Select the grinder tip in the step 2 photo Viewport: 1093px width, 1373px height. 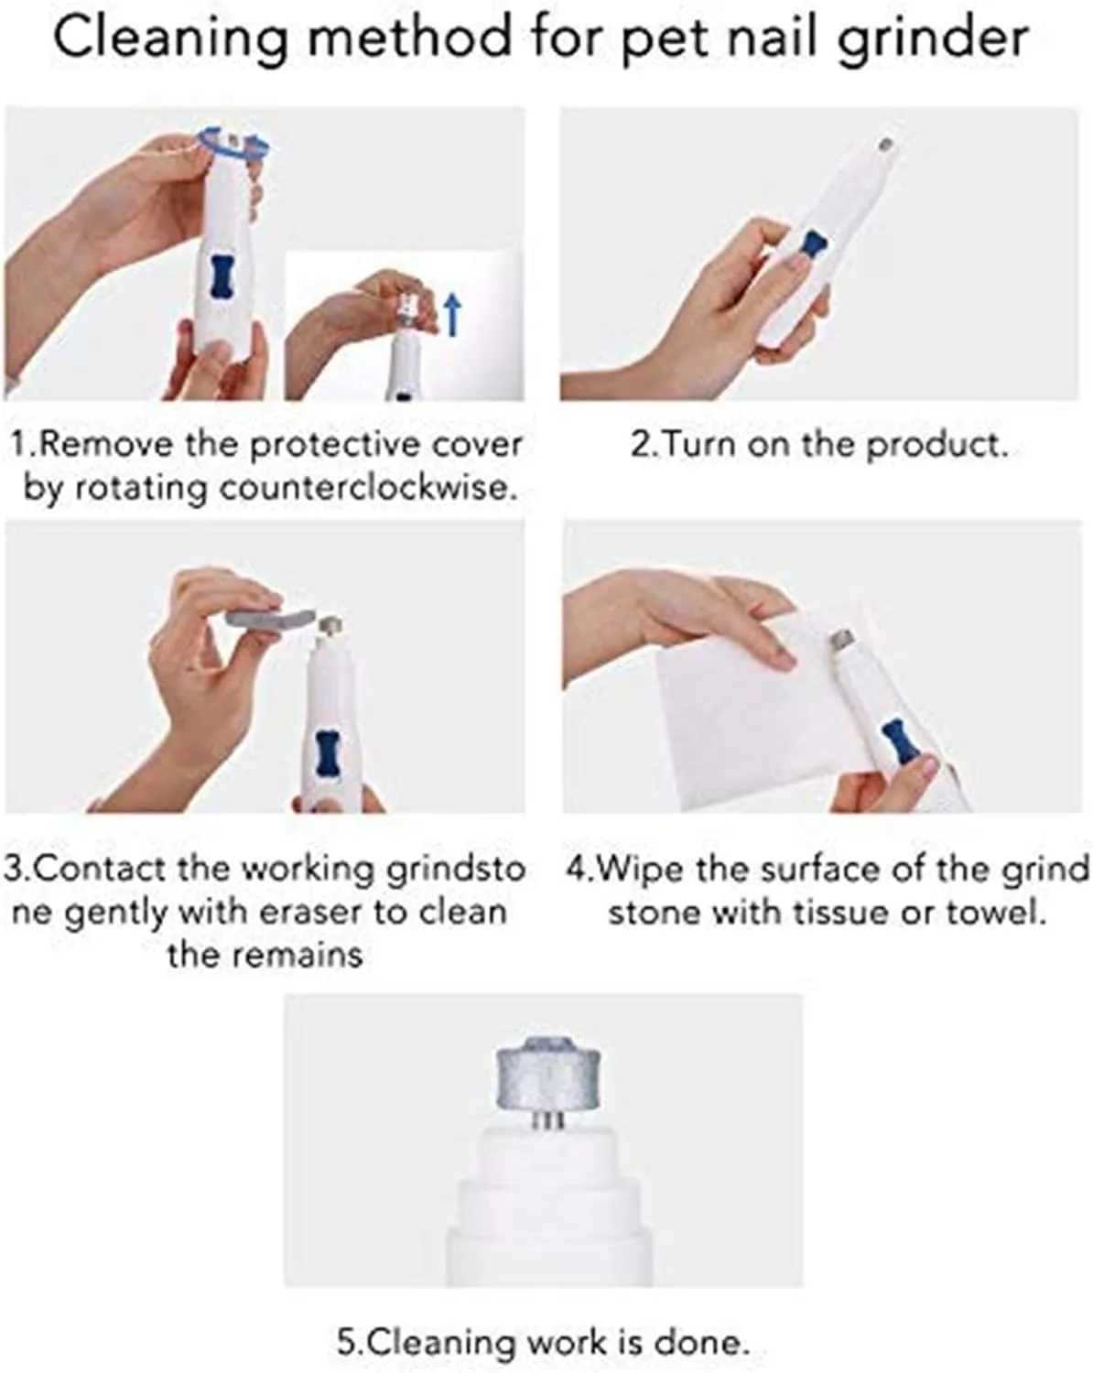(x=885, y=145)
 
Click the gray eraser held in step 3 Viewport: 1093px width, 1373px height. (x=268, y=619)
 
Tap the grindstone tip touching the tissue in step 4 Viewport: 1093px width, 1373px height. (x=841, y=638)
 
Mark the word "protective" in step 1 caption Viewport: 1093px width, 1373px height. (x=334, y=446)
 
